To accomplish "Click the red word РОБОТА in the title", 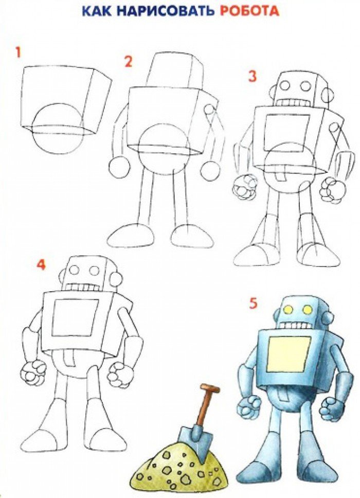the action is tap(249, 11).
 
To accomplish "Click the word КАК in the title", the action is tap(97, 11).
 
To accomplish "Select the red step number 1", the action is tap(19, 52).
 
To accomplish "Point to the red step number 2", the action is tap(128, 62).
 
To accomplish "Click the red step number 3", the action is tap(253, 77).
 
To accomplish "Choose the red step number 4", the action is tap(41, 264).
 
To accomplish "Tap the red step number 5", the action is tap(253, 304).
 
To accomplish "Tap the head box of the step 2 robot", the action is tap(175, 73).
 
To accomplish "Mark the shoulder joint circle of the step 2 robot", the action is tap(209, 110).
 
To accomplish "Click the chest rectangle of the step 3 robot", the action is tap(286, 133).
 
